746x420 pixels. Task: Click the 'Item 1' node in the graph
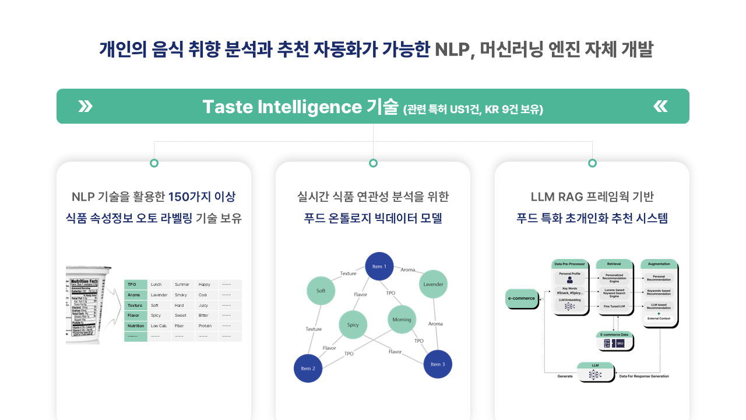(x=379, y=267)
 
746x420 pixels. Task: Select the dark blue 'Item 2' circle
(x=308, y=368)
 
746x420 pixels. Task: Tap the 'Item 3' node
(x=438, y=364)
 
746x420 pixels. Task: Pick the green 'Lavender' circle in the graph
(x=433, y=284)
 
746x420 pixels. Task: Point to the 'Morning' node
(x=402, y=319)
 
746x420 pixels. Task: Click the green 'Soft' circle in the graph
(x=321, y=290)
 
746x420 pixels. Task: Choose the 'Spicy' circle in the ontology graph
(x=353, y=325)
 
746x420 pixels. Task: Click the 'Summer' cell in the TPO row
(x=182, y=285)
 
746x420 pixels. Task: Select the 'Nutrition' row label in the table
(x=136, y=326)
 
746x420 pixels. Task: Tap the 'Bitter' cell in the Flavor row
(x=203, y=316)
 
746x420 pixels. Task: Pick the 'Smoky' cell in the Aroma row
(x=181, y=295)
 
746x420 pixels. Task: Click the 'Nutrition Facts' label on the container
(x=88, y=282)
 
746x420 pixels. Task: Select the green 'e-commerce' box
(x=522, y=299)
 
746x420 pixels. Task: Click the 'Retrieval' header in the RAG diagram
(x=614, y=264)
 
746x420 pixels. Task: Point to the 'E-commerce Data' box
(x=615, y=335)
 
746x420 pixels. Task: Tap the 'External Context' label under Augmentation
(x=659, y=318)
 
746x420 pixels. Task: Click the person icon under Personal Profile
(x=569, y=280)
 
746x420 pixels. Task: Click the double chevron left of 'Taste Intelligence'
(x=85, y=106)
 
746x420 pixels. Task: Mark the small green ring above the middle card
(x=373, y=163)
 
